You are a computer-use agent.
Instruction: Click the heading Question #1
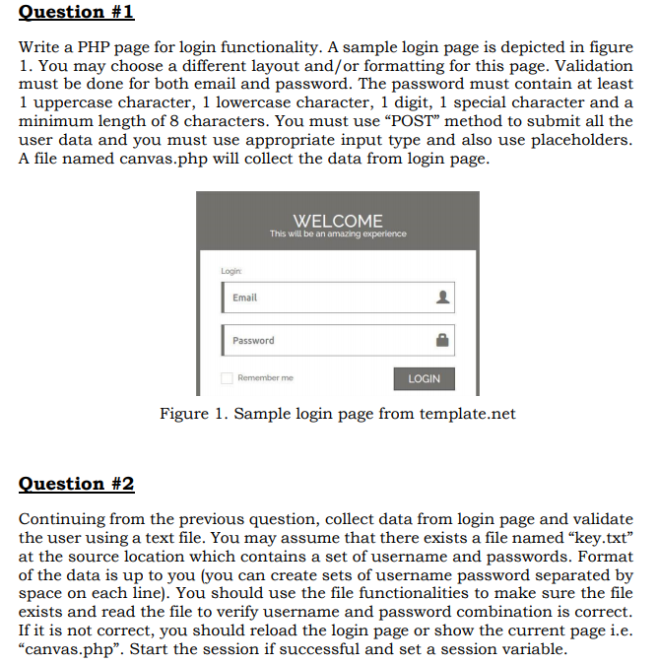(77, 13)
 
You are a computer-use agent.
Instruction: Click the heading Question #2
(77, 484)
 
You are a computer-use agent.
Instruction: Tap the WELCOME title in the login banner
(338, 221)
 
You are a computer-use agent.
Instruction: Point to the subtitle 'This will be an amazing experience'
(338, 233)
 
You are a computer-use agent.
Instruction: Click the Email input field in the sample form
(325, 298)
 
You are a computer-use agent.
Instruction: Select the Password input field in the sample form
(325, 341)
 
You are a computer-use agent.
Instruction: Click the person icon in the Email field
(442, 298)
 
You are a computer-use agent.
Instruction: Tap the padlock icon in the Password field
(442, 341)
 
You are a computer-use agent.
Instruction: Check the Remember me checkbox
(227, 378)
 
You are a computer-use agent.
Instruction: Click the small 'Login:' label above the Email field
(231, 269)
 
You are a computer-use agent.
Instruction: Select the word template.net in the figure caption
(468, 414)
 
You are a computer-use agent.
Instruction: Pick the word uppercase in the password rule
(78, 102)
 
